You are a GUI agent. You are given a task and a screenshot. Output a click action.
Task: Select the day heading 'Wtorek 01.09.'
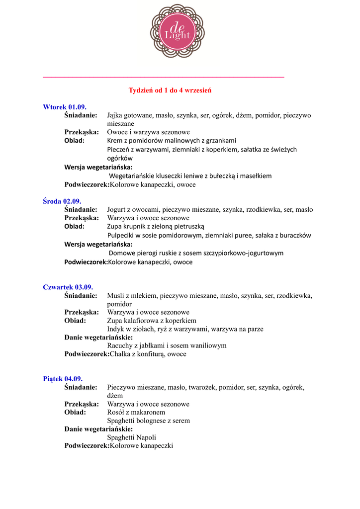tap(65, 107)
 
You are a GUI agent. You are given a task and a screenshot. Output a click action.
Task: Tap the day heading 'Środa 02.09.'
tap(62, 201)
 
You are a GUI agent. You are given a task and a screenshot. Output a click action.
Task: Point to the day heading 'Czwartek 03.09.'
tap(68, 287)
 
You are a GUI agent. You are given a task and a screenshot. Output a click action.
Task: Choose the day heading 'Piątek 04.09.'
tap(63, 379)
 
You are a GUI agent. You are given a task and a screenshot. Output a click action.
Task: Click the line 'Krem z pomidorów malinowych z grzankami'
tap(172, 141)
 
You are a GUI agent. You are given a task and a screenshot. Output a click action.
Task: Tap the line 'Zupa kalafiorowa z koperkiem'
tap(152, 321)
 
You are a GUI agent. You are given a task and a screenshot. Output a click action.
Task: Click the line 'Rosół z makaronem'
tap(136, 412)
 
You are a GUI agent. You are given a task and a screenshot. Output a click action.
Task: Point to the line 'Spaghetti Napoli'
tap(132, 437)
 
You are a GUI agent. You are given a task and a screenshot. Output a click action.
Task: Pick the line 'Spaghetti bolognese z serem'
tap(149, 421)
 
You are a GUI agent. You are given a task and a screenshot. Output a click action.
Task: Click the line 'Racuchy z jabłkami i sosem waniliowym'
tap(167, 345)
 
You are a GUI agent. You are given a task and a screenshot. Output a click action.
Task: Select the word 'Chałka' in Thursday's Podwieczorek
tap(119, 354)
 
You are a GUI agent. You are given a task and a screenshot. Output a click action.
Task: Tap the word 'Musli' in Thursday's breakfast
tap(115, 296)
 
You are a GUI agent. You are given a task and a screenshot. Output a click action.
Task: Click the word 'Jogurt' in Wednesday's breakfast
tap(117, 210)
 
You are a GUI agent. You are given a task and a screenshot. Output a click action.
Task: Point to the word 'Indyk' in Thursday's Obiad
tap(116, 329)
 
